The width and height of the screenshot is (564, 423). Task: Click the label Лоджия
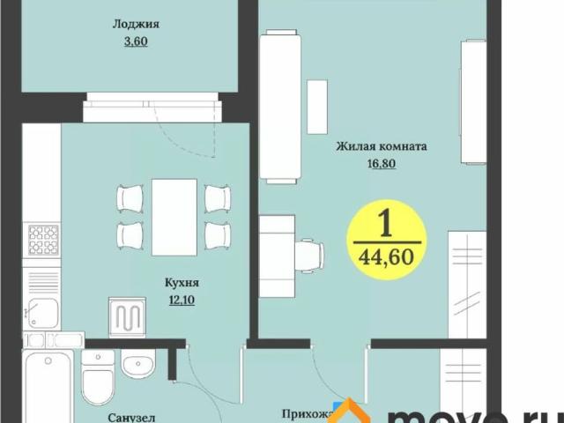click(x=129, y=26)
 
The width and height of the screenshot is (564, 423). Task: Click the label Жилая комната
click(x=381, y=147)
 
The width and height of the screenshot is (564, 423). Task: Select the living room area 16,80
click(x=381, y=163)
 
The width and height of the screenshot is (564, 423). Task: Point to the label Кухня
click(x=182, y=284)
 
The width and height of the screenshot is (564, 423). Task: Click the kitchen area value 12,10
click(x=182, y=300)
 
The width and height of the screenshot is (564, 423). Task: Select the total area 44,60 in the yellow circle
click(x=386, y=256)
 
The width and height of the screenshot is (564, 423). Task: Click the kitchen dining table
click(x=174, y=215)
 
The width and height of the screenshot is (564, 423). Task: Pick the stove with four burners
click(x=42, y=239)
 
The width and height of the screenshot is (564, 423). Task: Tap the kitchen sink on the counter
click(x=41, y=310)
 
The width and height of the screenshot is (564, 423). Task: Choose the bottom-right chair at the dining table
click(x=217, y=234)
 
